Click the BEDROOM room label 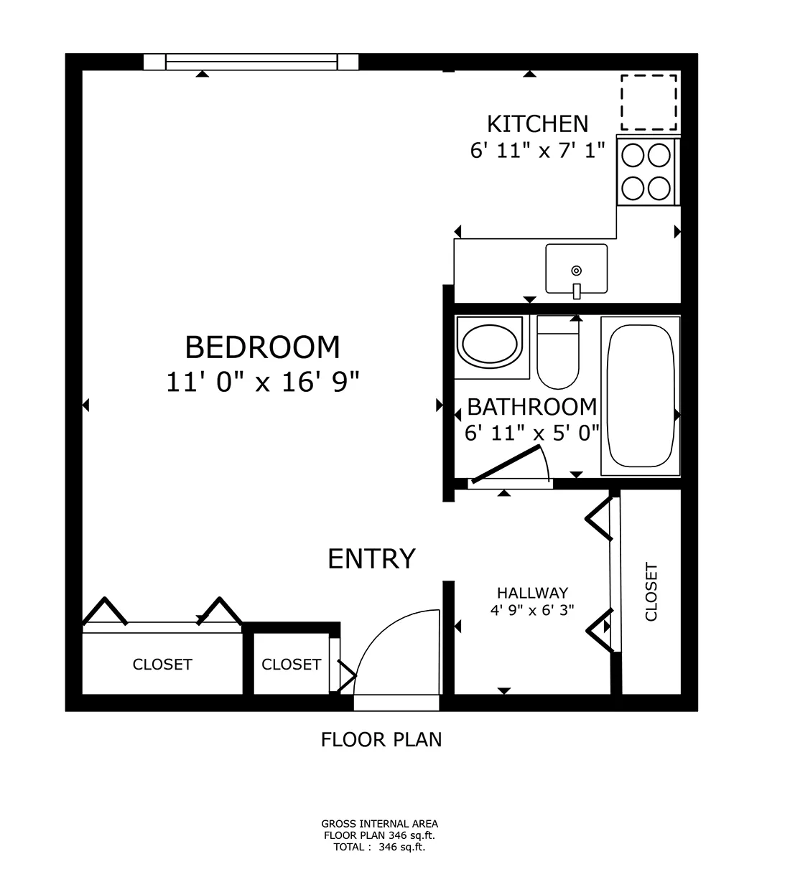pos(262,347)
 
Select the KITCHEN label pos(537,124)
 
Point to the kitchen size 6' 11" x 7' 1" pos(537,151)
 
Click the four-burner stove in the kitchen pos(647,172)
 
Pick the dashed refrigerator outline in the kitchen pos(649,103)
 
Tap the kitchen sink pos(576,270)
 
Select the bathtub pos(640,396)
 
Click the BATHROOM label pos(531,407)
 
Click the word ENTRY pos(371,558)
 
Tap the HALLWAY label pos(532,593)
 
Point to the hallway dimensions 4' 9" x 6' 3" pos(532,611)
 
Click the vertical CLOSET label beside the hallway pos(651,592)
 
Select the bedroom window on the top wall pos(251,62)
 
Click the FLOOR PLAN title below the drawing pos(381,739)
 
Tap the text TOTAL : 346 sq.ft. pos(379,847)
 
